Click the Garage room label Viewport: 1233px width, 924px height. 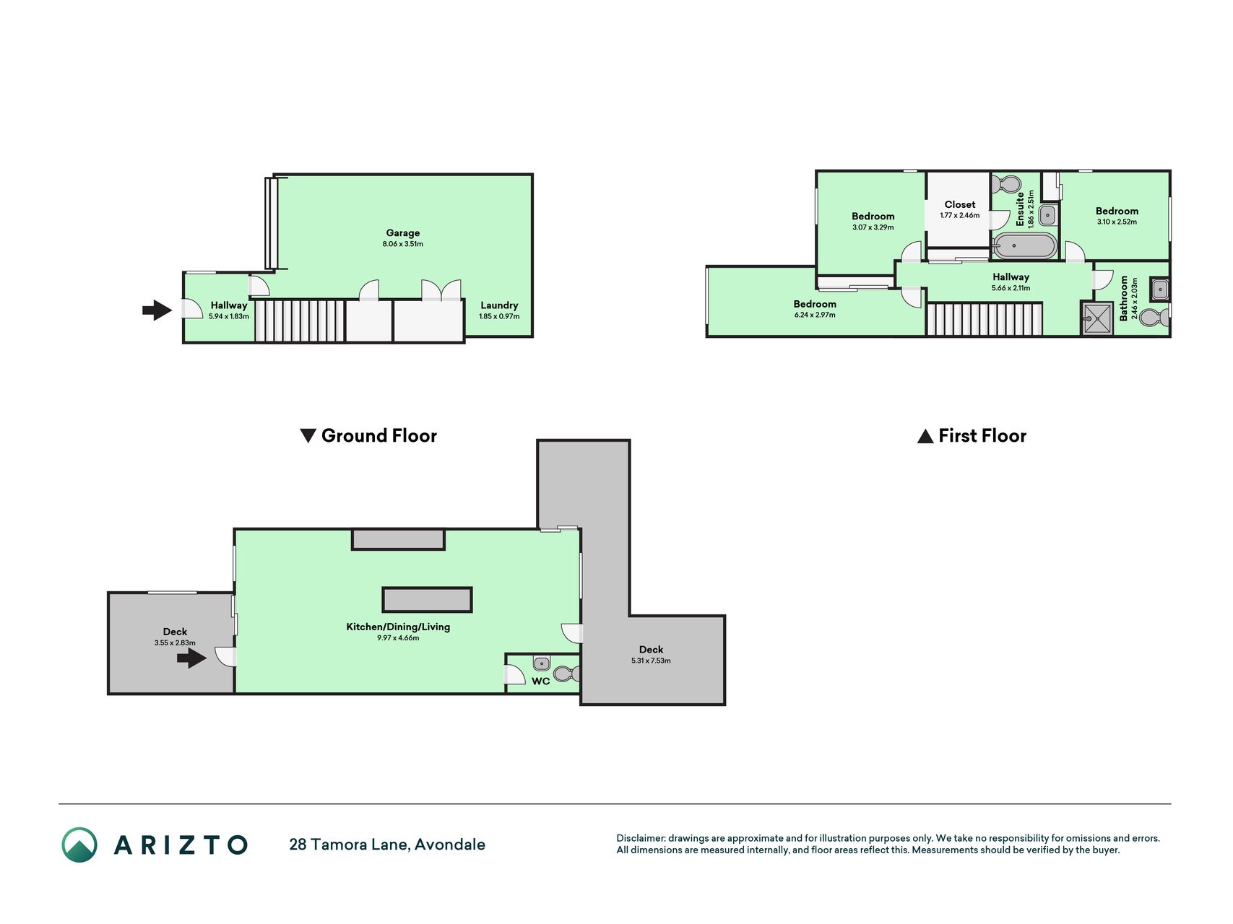[x=403, y=232]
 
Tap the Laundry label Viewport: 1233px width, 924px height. [x=499, y=305]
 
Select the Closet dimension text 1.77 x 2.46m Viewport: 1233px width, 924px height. [x=960, y=215]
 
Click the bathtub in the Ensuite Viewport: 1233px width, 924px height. [x=1024, y=246]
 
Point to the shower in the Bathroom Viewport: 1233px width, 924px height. [x=1097, y=318]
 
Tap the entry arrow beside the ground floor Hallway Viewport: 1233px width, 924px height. [x=157, y=310]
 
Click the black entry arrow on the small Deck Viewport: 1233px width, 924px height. [x=191, y=658]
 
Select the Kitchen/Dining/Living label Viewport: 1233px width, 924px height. [x=398, y=627]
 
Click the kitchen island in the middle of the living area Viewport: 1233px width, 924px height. [x=427, y=600]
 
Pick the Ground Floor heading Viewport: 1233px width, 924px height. [x=368, y=435]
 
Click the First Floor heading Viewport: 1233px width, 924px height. [x=972, y=435]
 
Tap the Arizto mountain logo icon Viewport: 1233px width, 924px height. [x=79, y=845]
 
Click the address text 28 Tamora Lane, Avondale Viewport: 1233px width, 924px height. [x=387, y=845]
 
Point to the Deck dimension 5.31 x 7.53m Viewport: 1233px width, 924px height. [x=651, y=661]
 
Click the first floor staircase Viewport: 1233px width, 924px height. [x=985, y=319]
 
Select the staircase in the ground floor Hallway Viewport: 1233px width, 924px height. [x=300, y=321]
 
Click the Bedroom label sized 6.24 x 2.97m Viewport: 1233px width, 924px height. [x=815, y=304]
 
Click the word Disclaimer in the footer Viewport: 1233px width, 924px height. [x=640, y=838]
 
